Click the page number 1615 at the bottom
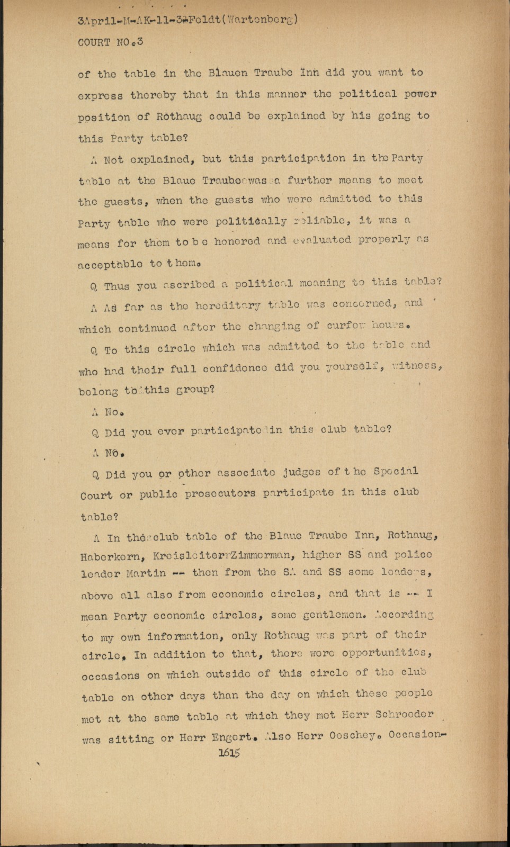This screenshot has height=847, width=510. coord(229,753)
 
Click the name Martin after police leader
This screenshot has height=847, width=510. coord(146,573)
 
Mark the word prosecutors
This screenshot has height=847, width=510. coord(221,494)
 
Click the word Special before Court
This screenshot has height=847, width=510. coord(396,471)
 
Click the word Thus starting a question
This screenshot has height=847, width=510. coord(117,286)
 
